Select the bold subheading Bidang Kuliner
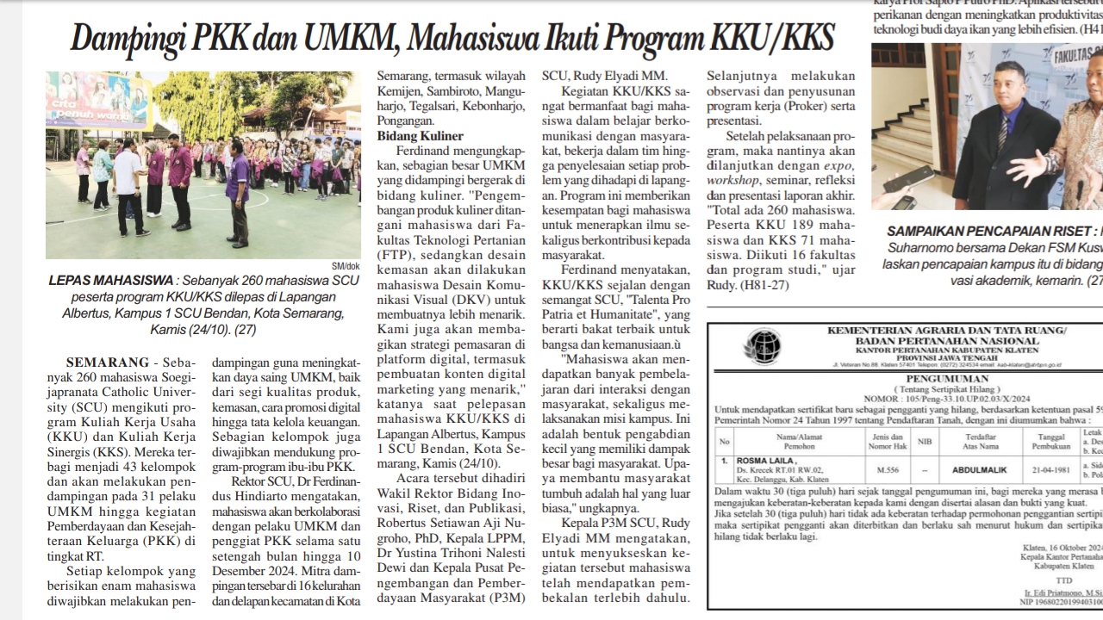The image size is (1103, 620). (x=421, y=135)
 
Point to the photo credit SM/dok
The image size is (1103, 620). (x=346, y=265)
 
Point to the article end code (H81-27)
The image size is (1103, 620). (x=765, y=286)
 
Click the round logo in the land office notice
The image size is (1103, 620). (x=763, y=344)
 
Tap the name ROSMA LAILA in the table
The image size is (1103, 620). (x=763, y=462)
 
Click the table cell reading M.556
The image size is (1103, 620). (x=888, y=470)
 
